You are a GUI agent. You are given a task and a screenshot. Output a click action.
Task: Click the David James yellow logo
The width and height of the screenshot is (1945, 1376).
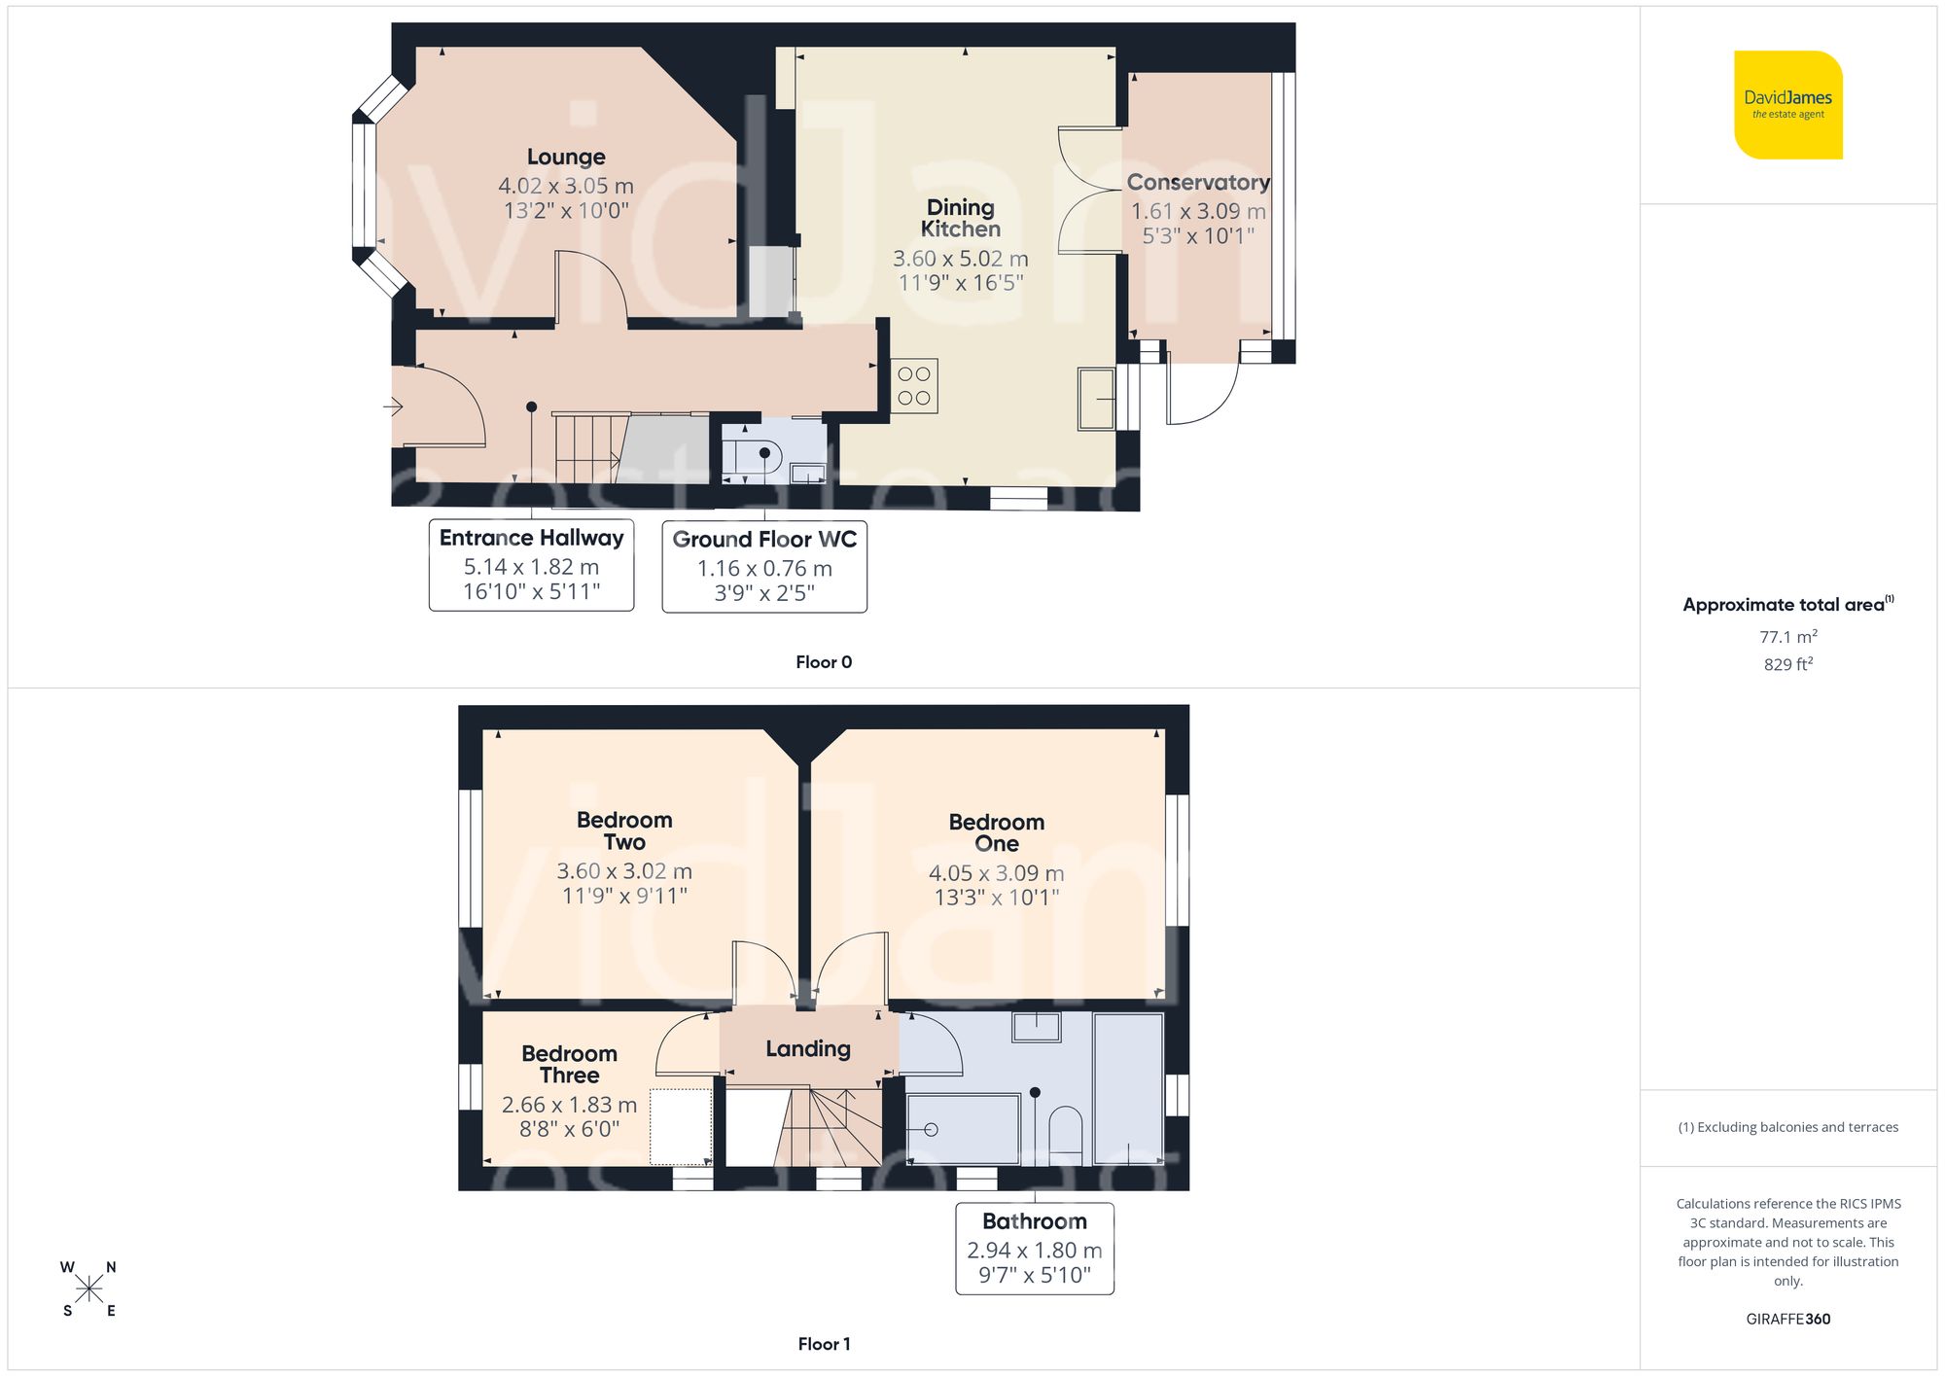click(1787, 105)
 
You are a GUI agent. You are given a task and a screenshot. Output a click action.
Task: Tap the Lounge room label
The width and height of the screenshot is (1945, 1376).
click(566, 157)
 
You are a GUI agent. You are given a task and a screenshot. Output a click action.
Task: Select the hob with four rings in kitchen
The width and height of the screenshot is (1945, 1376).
click(913, 386)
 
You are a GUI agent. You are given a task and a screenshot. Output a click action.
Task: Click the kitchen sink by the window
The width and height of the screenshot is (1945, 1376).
click(1096, 399)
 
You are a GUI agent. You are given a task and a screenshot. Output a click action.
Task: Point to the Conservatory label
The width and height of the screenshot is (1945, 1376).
click(1197, 183)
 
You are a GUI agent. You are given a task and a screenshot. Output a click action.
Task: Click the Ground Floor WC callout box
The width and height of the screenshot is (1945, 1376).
click(764, 567)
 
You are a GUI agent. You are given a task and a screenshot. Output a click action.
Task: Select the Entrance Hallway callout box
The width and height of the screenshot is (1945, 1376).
click(531, 565)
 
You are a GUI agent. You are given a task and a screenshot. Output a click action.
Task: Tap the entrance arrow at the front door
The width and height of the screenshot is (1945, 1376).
click(394, 406)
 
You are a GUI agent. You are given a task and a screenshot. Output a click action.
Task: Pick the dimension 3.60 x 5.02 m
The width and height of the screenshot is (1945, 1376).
click(960, 259)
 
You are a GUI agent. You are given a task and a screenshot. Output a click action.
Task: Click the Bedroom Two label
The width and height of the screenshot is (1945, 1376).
click(624, 830)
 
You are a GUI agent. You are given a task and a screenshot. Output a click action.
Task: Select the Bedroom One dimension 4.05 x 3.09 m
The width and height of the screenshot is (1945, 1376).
click(996, 873)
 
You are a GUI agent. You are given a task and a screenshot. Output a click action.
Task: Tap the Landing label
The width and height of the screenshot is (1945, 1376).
click(807, 1048)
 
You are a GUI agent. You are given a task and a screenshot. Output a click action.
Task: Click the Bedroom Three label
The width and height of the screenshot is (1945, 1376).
click(569, 1064)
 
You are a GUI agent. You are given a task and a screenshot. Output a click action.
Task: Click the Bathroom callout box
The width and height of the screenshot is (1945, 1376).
click(1034, 1249)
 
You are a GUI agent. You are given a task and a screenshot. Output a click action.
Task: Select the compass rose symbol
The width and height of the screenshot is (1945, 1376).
click(88, 1289)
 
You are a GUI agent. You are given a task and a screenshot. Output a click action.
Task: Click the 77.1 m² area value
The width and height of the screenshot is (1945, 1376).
click(1787, 637)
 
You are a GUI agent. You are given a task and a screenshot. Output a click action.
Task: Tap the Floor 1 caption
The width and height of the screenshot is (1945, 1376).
click(824, 1344)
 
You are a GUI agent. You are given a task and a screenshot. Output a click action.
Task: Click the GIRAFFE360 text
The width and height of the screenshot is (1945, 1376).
click(1787, 1319)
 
